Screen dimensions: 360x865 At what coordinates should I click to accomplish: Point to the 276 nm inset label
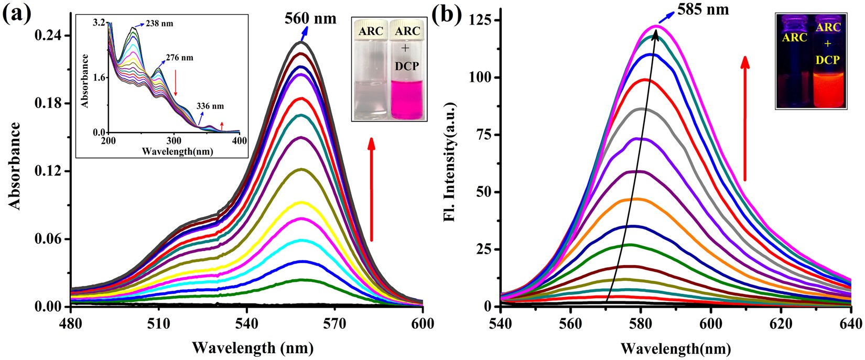pos(180,58)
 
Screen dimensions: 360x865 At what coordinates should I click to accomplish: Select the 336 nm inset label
pos(210,106)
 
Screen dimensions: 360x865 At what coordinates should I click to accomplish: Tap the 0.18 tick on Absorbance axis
pos(48,103)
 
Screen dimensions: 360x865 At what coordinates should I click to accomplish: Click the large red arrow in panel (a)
pos(371,189)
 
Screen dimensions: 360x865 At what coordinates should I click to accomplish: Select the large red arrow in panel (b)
pos(744,118)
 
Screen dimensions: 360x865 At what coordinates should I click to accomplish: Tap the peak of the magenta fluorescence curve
pos(656,26)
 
